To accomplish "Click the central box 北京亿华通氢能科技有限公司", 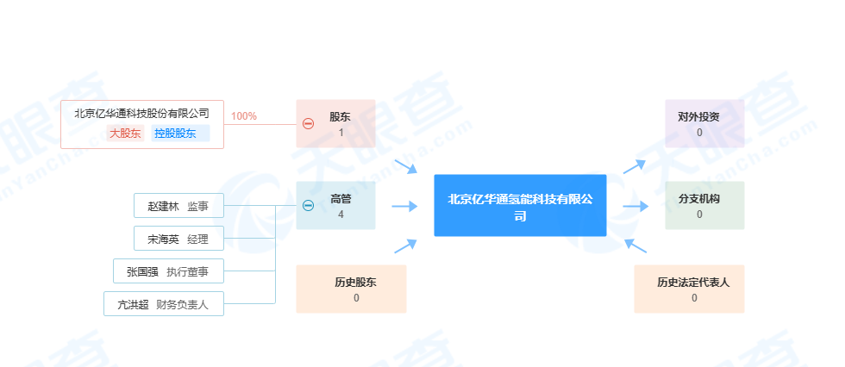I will pos(520,205).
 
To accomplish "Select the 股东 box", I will pos(341,123).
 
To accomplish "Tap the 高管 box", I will pos(341,205).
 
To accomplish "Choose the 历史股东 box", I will pos(350,289).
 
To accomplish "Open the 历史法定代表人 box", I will pos(688,289).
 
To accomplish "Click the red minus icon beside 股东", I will pos(308,123).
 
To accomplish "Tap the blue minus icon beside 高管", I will pos(308,205).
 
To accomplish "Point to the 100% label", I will pos(244,116).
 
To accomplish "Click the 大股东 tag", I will pos(125,134).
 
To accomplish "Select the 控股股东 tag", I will pos(175,134).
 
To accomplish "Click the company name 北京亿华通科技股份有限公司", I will pos(142,113).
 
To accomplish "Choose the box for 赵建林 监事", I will pos(178,206).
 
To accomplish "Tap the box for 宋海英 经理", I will pos(178,238).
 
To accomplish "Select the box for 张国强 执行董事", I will pos(168,271).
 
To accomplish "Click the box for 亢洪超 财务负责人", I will pos(163,304).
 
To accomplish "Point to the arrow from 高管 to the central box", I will pos(404,206).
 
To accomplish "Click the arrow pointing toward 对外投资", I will pos(635,165).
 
